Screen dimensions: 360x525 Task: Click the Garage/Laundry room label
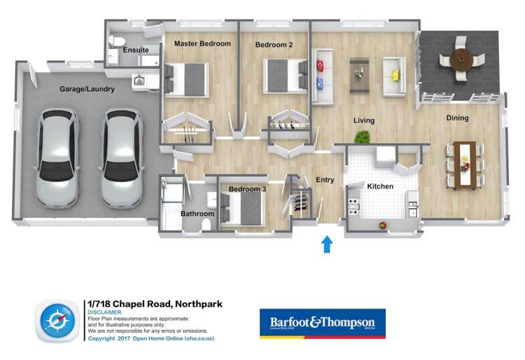[x=87, y=90]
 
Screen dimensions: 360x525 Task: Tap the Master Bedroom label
[x=202, y=43]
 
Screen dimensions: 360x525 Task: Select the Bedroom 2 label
[x=274, y=45]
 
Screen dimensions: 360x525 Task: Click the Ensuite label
[x=135, y=50]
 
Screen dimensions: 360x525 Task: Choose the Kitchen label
[x=380, y=186]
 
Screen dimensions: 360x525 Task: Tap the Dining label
[x=457, y=118]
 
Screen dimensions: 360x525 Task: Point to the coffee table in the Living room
[x=360, y=71]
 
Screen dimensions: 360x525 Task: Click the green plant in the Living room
[x=362, y=138]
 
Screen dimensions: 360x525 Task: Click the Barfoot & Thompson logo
[x=322, y=323]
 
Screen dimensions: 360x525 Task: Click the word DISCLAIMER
[x=105, y=312]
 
